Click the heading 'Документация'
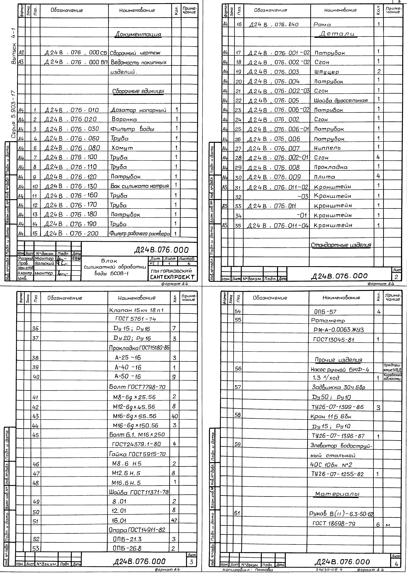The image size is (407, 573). point(138,34)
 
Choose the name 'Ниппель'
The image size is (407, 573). point(327,148)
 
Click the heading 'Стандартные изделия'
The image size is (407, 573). point(341,245)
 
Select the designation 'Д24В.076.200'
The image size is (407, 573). point(71,233)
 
